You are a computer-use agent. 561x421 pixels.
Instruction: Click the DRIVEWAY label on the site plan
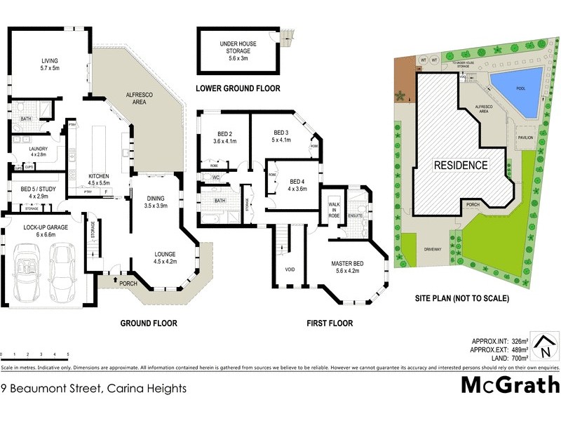tap(431, 249)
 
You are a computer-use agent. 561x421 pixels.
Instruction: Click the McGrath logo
tap(510, 385)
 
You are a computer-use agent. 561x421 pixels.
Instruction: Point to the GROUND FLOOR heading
tap(148, 323)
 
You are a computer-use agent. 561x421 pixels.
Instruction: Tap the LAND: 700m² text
tap(504, 358)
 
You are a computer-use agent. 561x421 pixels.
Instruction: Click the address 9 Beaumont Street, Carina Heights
tap(93, 387)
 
